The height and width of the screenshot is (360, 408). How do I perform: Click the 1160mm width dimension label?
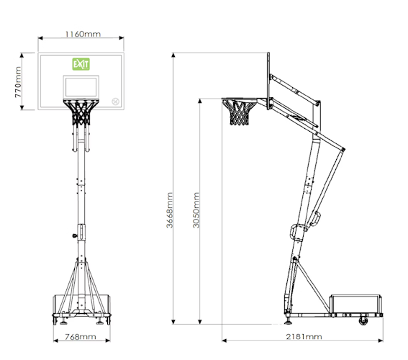point(83,34)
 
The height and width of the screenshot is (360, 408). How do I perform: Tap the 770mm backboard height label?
point(18,82)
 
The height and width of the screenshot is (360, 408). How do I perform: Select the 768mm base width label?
point(81,337)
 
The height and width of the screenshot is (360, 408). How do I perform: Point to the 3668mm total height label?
point(169,210)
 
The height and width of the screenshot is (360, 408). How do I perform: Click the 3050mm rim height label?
point(196,210)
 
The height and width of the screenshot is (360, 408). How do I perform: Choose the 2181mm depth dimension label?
point(304,337)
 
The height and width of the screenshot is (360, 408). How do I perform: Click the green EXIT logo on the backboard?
point(81,64)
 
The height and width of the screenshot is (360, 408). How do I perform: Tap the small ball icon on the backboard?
point(116,102)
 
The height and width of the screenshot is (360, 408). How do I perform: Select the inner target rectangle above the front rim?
point(81,87)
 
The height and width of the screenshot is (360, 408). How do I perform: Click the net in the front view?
point(81,112)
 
